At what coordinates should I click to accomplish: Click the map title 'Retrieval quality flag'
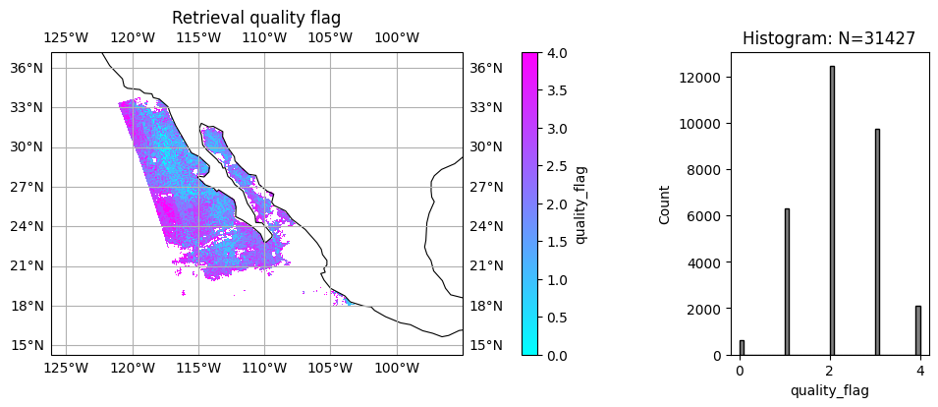pyautogui.click(x=256, y=18)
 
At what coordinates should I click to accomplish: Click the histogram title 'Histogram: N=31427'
pyautogui.click(x=829, y=39)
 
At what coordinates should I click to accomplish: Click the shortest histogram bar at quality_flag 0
pyautogui.click(x=742, y=348)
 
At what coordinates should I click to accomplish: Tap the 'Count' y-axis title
pyautogui.click(x=665, y=203)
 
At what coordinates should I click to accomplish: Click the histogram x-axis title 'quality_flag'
pyautogui.click(x=829, y=390)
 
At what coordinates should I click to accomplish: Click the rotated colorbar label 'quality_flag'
pyautogui.click(x=581, y=203)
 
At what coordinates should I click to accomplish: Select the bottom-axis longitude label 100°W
pyautogui.click(x=397, y=369)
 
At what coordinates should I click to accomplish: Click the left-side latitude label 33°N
pyautogui.click(x=27, y=107)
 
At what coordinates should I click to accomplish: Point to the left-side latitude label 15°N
pyautogui.click(x=27, y=345)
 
